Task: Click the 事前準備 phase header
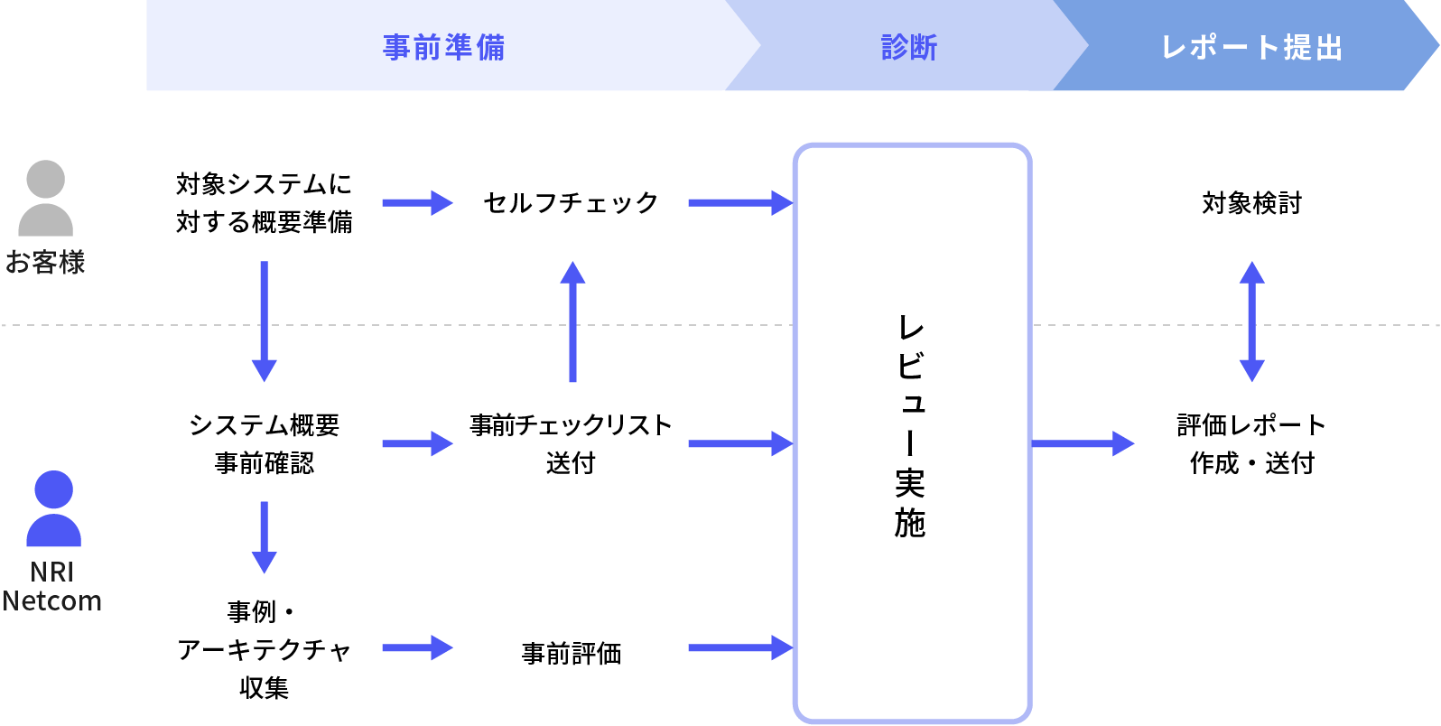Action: [443, 47]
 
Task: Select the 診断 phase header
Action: [909, 47]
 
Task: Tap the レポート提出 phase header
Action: [1251, 47]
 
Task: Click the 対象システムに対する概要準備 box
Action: [264, 202]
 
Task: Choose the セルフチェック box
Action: [571, 202]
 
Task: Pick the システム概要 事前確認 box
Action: [264, 443]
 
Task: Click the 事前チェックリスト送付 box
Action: [571, 443]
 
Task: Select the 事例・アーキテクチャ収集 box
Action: [264, 647]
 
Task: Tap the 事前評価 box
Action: [571, 647]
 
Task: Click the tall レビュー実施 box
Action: [912, 433]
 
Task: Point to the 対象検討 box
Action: [1251, 202]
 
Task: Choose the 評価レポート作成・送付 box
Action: [1251, 443]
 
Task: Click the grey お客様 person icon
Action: [45, 198]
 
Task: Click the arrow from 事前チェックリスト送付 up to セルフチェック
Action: [572, 322]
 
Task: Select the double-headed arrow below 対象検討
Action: [1251, 322]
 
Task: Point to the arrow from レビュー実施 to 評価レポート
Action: [1082, 443]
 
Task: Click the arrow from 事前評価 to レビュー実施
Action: [740, 647]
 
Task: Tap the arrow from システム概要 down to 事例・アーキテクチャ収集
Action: [264, 537]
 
